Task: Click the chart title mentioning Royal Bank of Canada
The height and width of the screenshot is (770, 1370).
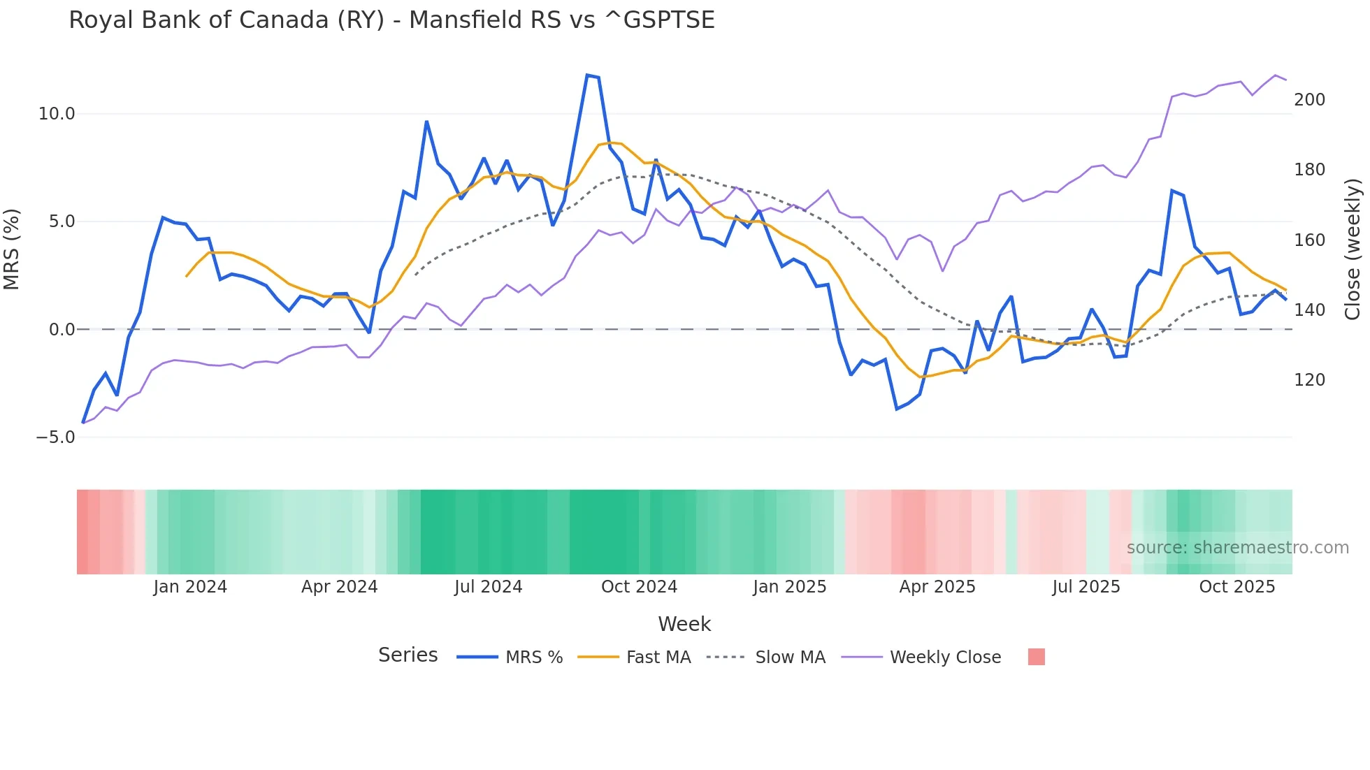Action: pyautogui.click(x=391, y=20)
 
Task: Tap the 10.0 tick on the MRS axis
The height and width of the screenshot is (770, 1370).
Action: pyautogui.click(x=56, y=114)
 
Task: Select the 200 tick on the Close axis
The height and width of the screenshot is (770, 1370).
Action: pyautogui.click(x=1309, y=100)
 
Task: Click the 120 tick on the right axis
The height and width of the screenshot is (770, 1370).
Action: pyautogui.click(x=1309, y=380)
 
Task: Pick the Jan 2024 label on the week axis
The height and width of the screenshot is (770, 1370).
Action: pyautogui.click(x=190, y=587)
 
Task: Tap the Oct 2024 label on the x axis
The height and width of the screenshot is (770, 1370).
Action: pyautogui.click(x=639, y=587)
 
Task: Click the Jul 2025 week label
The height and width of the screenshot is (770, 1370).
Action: pyautogui.click(x=1086, y=587)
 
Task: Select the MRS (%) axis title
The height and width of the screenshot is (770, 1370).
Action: pyautogui.click(x=12, y=249)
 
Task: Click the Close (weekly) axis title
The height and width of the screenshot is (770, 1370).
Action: pyautogui.click(x=1353, y=249)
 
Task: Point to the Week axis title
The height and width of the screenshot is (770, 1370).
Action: pyautogui.click(x=684, y=624)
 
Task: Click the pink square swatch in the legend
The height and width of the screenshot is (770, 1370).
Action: pyautogui.click(x=1036, y=657)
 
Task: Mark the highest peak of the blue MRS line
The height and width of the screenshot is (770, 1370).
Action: pyautogui.click(x=588, y=75)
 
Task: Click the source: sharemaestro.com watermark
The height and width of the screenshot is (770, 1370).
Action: pyautogui.click(x=1237, y=548)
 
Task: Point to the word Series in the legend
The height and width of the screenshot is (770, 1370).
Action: pyautogui.click(x=408, y=655)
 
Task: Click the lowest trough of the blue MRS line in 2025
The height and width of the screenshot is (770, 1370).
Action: pyautogui.click(x=897, y=409)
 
